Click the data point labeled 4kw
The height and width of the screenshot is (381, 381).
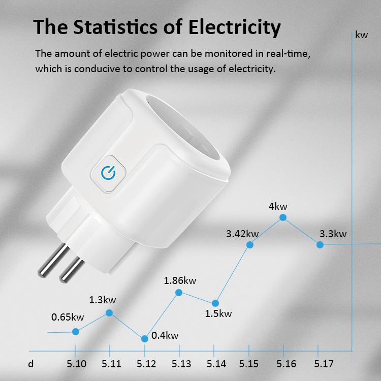tap(283, 217)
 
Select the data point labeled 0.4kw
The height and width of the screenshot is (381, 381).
tap(145, 338)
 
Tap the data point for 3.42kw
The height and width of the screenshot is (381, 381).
tap(250, 244)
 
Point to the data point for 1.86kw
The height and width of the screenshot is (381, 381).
tap(179, 292)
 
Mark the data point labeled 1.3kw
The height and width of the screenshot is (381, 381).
tap(109, 313)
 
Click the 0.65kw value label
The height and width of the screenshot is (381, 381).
tap(68, 317)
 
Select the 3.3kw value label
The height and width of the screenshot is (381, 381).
tap(333, 234)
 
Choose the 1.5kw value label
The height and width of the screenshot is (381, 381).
tap(218, 313)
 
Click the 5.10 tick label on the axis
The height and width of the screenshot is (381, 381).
tap(76, 364)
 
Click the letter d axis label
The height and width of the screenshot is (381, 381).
tap(31, 364)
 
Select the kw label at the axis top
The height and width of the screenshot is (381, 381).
tap(362, 35)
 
